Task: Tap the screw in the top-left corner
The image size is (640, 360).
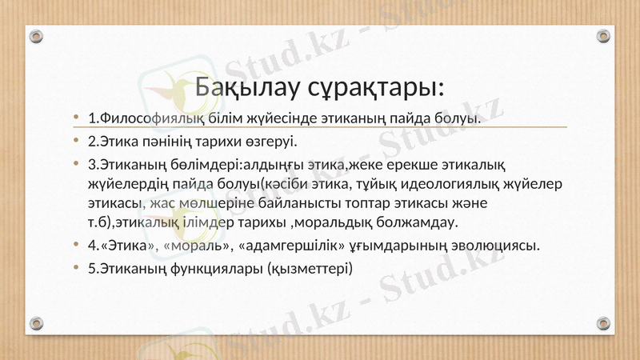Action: (36, 36)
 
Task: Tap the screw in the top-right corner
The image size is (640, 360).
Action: (605, 36)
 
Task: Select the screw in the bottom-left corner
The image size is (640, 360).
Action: (36, 324)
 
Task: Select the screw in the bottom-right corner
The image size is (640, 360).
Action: (605, 324)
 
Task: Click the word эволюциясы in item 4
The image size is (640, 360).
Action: (492, 245)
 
